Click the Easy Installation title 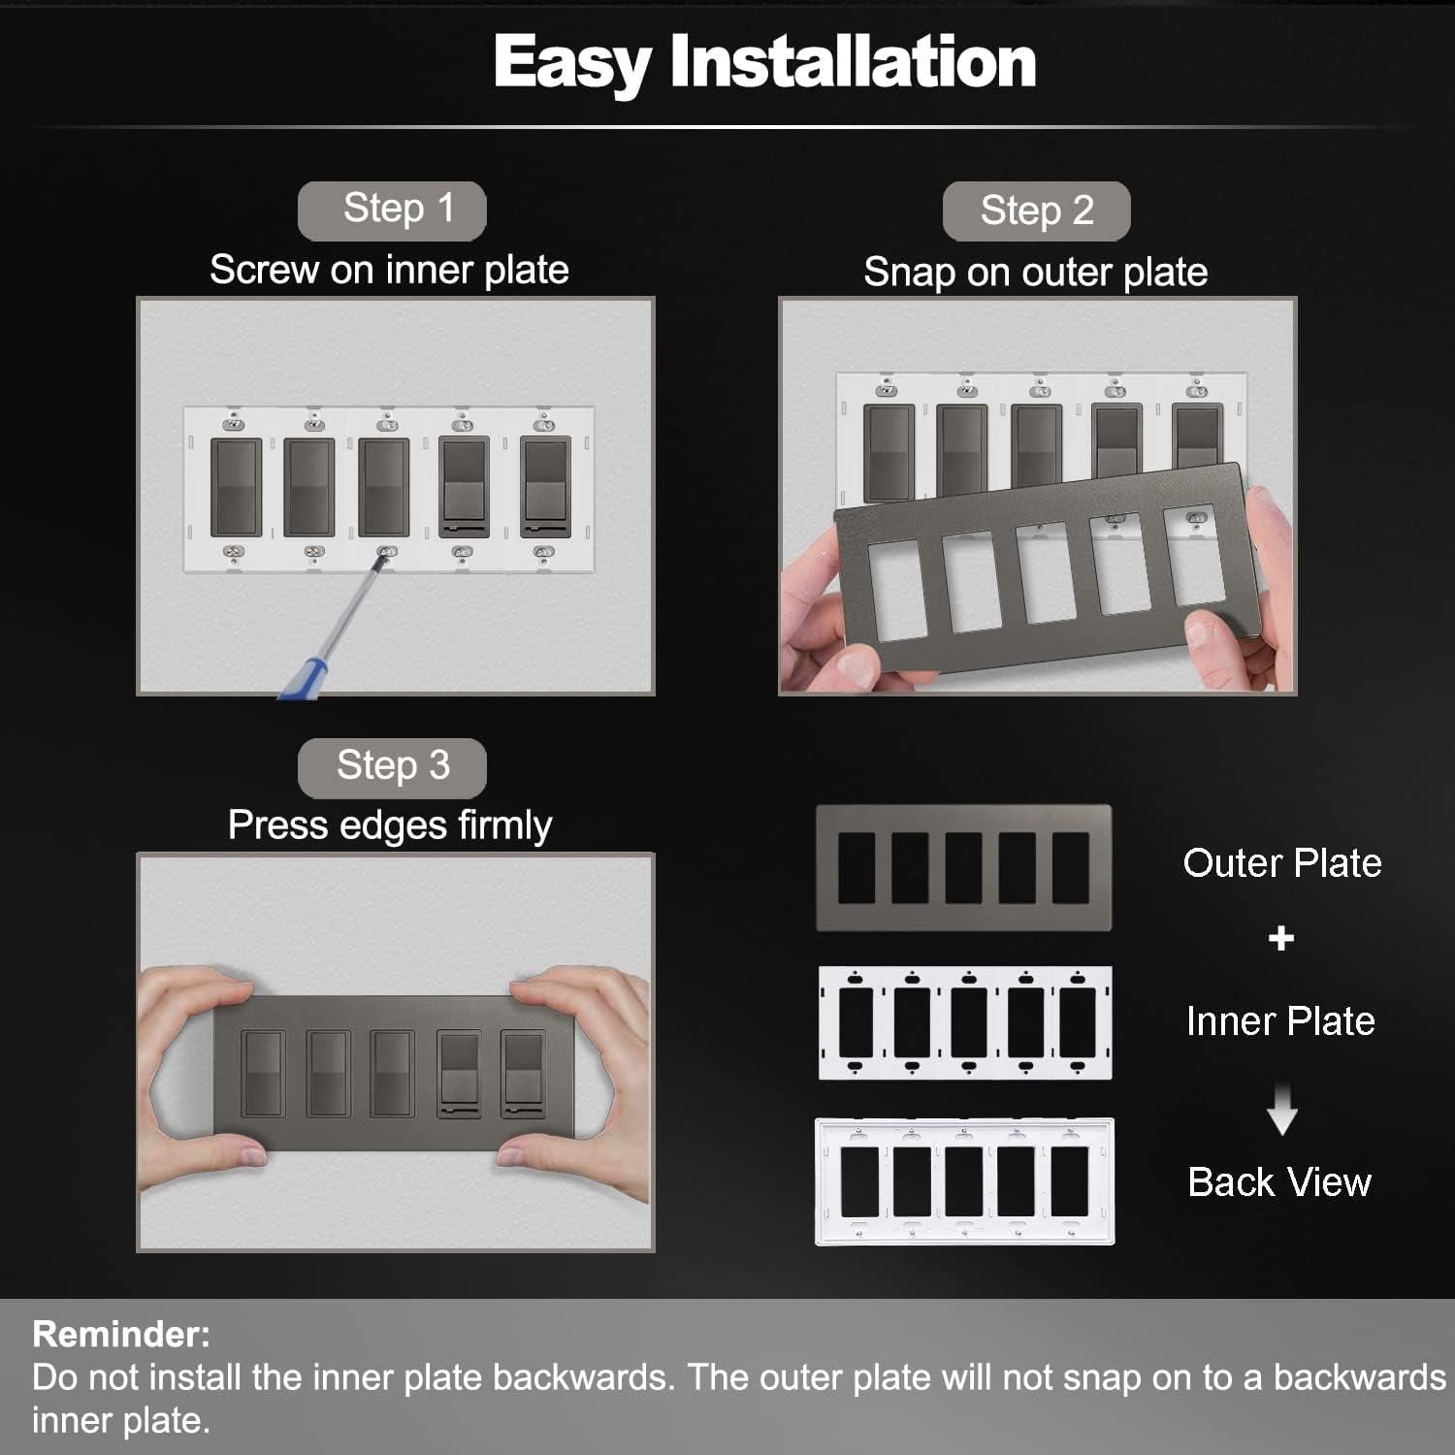[764, 62]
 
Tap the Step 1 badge [392, 210]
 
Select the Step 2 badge [1036, 210]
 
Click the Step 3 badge [392, 766]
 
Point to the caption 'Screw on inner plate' [389, 270]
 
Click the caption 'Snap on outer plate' [1035, 273]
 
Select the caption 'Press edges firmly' [389, 825]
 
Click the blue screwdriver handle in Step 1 [303, 677]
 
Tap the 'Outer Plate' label [1281, 863]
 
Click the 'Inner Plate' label [1279, 1021]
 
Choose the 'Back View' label [1279, 1182]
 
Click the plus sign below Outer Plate [1280, 938]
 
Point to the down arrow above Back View [1281, 1112]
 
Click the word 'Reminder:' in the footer [121, 1335]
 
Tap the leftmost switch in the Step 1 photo [237, 488]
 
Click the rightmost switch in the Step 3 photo [524, 1075]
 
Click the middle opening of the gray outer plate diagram [963, 868]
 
